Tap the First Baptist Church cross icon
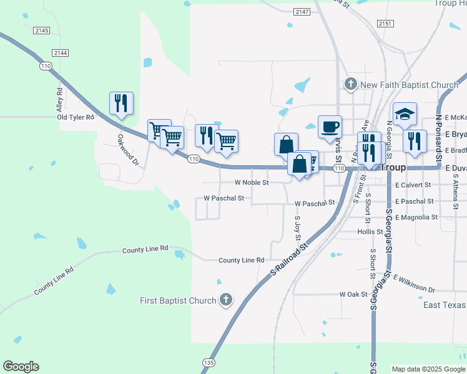pyautogui.click(x=226, y=300)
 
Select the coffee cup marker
pyautogui.click(x=330, y=127)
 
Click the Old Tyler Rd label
pyautogui.click(x=76, y=117)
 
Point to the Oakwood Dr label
pyautogui.click(x=127, y=150)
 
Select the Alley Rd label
pyautogui.click(x=59, y=99)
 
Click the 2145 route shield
pyautogui.click(x=42, y=31)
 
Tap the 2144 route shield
pyautogui.click(x=61, y=53)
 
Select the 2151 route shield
pyautogui.click(x=385, y=23)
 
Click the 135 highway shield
pyautogui.click(x=209, y=362)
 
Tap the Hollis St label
pyautogui.click(x=370, y=231)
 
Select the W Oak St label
pyautogui.click(x=353, y=294)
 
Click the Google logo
pyautogui.click(x=21, y=367)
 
